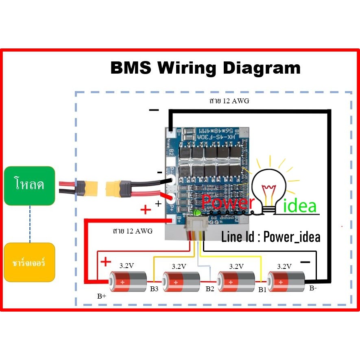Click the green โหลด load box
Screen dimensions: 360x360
click(29, 185)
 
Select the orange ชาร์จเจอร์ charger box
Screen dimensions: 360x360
click(29, 262)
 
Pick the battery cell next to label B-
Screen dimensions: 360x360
click(285, 281)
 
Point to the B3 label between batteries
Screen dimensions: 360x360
click(154, 289)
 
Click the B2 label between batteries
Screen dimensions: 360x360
click(210, 289)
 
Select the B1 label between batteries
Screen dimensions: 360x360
click(262, 290)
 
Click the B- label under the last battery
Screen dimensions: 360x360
click(313, 288)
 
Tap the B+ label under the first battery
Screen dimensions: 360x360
click(102, 296)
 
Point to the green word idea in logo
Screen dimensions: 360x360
click(299, 206)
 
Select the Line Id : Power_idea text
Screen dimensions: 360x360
click(271, 237)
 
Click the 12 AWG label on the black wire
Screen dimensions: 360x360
click(227, 102)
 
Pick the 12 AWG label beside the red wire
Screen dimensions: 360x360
click(133, 231)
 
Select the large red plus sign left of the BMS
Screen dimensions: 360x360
click(145, 209)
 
